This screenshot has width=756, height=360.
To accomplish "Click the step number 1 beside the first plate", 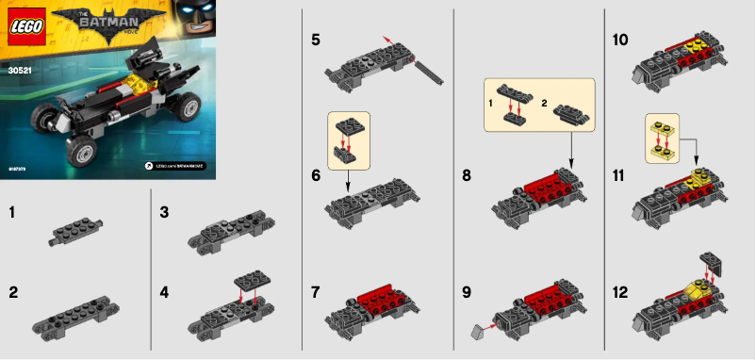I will tap(12, 213).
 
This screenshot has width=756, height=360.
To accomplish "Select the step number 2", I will tap(13, 292).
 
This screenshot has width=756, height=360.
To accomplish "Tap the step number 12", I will tap(620, 292).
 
